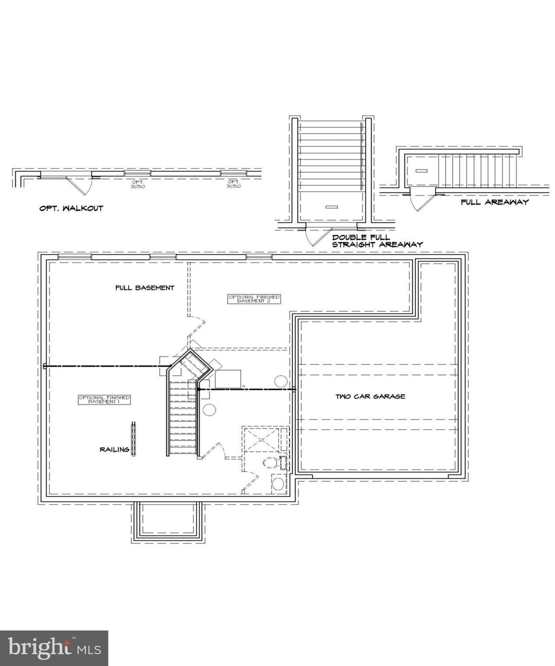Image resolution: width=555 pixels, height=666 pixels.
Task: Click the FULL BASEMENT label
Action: (x=145, y=288)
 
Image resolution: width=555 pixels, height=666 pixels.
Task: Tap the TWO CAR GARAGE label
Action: (x=370, y=396)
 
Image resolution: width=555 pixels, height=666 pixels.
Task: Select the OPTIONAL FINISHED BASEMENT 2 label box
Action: (x=253, y=299)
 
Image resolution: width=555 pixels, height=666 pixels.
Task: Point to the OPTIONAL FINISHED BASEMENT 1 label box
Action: (x=104, y=399)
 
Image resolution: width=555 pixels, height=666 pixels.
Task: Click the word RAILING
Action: (x=114, y=449)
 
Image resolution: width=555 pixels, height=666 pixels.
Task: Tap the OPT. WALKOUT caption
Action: (x=71, y=208)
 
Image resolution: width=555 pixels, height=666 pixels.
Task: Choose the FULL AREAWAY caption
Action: (x=495, y=202)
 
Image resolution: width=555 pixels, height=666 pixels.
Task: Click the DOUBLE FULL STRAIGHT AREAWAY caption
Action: (x=377, y=241)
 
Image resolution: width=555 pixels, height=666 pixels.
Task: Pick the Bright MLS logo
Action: (x=54, y=648)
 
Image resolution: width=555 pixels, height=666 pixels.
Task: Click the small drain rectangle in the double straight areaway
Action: (x=332, y=207)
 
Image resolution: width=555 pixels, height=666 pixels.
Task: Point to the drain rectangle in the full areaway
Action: (x=421, y=170)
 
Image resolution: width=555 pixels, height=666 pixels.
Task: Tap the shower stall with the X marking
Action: (x=261, y=440)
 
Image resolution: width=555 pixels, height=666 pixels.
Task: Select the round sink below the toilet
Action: (x=278, y=484)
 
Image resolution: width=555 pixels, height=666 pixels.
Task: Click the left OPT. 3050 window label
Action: (x=138, y=184)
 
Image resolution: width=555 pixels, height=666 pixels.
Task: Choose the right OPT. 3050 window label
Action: (x=233, y=184)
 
